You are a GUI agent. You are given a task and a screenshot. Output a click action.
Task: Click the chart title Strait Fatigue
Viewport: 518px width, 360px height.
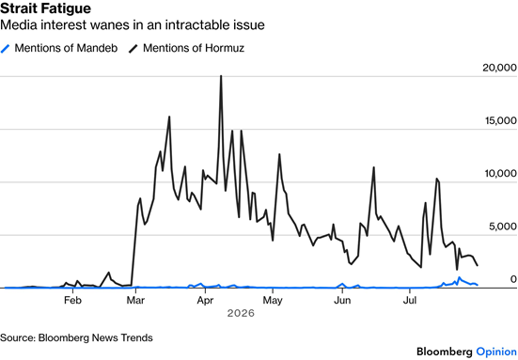45,8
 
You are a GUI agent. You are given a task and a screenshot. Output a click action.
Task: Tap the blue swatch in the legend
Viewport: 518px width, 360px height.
6,49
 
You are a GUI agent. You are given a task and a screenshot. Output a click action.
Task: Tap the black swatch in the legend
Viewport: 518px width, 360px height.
133,49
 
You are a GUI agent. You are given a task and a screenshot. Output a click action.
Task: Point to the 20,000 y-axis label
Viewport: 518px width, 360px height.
499,68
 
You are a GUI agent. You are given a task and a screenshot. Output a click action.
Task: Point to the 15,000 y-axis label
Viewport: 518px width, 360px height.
501,120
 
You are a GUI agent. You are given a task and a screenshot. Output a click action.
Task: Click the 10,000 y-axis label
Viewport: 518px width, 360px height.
501,173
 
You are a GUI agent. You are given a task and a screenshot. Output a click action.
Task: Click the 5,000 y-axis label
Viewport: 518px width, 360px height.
503,227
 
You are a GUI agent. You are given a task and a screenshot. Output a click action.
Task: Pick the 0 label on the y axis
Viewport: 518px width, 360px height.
513,279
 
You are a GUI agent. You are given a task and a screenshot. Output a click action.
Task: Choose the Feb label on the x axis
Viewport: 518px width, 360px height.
72,300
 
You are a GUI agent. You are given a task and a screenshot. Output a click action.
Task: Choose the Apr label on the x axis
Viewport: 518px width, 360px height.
205,301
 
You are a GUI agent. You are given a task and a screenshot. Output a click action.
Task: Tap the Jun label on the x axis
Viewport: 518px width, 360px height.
342,300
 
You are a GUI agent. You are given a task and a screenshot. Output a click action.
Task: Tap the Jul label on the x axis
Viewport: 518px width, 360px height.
410,300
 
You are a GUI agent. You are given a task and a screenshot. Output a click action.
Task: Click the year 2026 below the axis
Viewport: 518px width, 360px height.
241,313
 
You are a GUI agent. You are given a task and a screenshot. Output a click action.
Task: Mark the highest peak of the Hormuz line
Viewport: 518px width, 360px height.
221,76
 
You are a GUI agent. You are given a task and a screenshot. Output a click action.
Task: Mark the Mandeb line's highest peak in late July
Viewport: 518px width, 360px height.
459,277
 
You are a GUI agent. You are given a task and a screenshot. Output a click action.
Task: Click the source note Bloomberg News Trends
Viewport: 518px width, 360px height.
96,337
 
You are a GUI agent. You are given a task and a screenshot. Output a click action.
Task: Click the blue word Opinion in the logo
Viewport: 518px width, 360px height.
496,352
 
